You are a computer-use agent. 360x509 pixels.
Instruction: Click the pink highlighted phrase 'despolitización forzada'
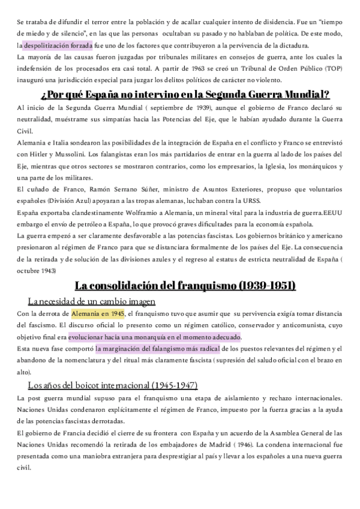click(x=58, y=45)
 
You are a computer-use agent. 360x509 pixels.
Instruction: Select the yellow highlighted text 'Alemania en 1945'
click(x=97, y=313)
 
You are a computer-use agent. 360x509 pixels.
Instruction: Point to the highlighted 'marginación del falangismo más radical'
click(x=158, y=349)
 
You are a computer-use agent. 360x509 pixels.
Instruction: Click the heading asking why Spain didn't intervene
click(x=185, y=94)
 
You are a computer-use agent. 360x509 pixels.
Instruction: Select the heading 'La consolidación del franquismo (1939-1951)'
click(x=185, y=286)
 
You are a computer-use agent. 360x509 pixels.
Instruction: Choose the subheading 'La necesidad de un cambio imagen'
click(x=92, y=301)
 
